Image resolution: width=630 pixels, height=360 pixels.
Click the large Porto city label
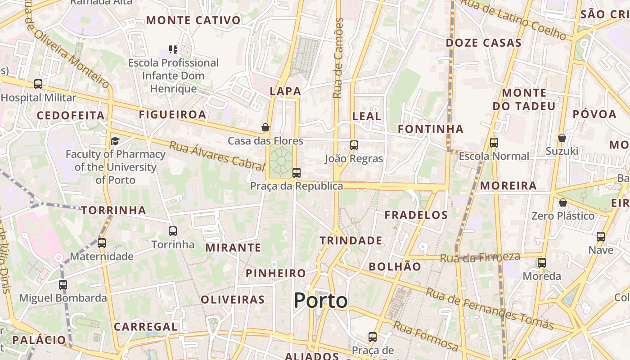point(321,301)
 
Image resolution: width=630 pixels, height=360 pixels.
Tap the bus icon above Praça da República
point(296,173)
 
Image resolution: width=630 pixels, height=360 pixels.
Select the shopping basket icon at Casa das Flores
point(265,127)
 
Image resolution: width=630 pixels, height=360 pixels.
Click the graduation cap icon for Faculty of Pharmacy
point(115,141)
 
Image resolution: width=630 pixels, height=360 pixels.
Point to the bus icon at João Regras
point(354,145)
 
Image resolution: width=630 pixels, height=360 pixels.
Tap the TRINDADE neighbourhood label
point(351,241)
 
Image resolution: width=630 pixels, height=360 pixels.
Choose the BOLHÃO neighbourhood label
point(395,266)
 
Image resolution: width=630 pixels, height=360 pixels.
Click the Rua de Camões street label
point(338,58)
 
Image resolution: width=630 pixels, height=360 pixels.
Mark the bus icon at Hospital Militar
point(38,84)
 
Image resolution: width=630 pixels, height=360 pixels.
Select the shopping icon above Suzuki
point(562,138)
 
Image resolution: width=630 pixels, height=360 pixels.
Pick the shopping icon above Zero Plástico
point(562,202)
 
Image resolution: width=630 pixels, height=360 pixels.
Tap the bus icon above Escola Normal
point(494,143)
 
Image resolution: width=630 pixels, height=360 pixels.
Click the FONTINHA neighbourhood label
point(431,129)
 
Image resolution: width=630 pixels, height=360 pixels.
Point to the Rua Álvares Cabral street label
point(216,156)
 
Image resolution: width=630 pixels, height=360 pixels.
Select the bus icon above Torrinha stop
point(173,231)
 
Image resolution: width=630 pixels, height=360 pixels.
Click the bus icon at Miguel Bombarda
point(63,284)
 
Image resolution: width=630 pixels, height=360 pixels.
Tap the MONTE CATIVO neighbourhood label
point(193,20)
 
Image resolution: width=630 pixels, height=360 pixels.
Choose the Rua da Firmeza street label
point(480,258)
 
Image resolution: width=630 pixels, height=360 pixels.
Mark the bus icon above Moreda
point(542,263)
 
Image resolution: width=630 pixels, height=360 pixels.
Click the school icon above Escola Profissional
point(173,49)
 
